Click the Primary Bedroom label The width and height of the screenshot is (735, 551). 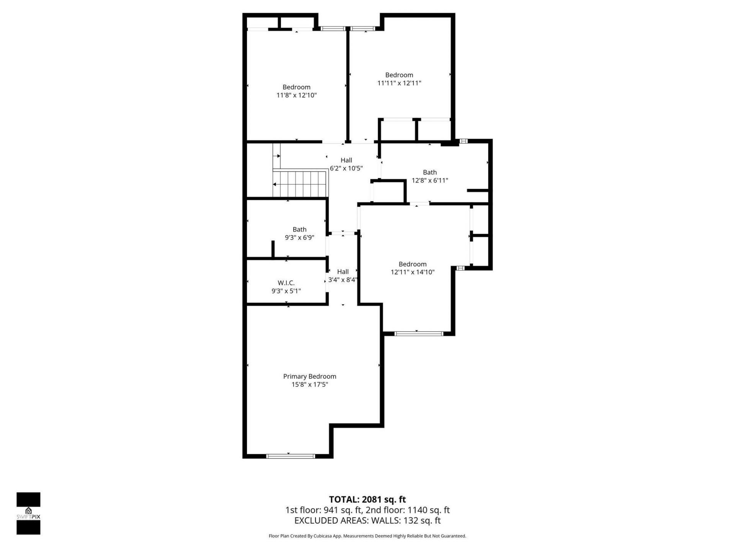pos(309,377)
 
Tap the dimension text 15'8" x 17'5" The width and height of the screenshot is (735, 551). pos(309,385)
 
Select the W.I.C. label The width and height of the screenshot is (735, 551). pos(286,283)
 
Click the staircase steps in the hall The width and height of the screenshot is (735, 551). pos(301,184)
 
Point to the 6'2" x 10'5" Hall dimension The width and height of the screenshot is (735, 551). pos(346,168)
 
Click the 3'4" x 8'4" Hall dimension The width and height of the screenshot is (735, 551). pos(343,280)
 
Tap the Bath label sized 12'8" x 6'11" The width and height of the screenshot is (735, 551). pos(430,172)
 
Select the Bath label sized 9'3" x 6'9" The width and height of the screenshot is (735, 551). pos(299,229)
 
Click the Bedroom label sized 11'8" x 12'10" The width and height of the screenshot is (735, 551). pos(296,87)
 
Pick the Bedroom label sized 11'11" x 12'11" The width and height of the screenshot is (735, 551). pos(399,75)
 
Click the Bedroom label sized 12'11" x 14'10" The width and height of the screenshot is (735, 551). pos(412,264)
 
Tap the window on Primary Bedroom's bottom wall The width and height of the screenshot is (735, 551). pos(290,456)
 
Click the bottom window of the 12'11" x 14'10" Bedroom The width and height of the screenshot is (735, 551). pos(418,334)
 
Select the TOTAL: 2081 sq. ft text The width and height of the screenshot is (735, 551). pos(367,499)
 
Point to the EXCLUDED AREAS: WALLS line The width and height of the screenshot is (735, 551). pos(367,521)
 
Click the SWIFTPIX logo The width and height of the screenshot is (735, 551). pos(28,513)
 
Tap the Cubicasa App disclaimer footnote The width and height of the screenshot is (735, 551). pos(367,536)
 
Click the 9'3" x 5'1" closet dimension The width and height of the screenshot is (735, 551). pos(286,291)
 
